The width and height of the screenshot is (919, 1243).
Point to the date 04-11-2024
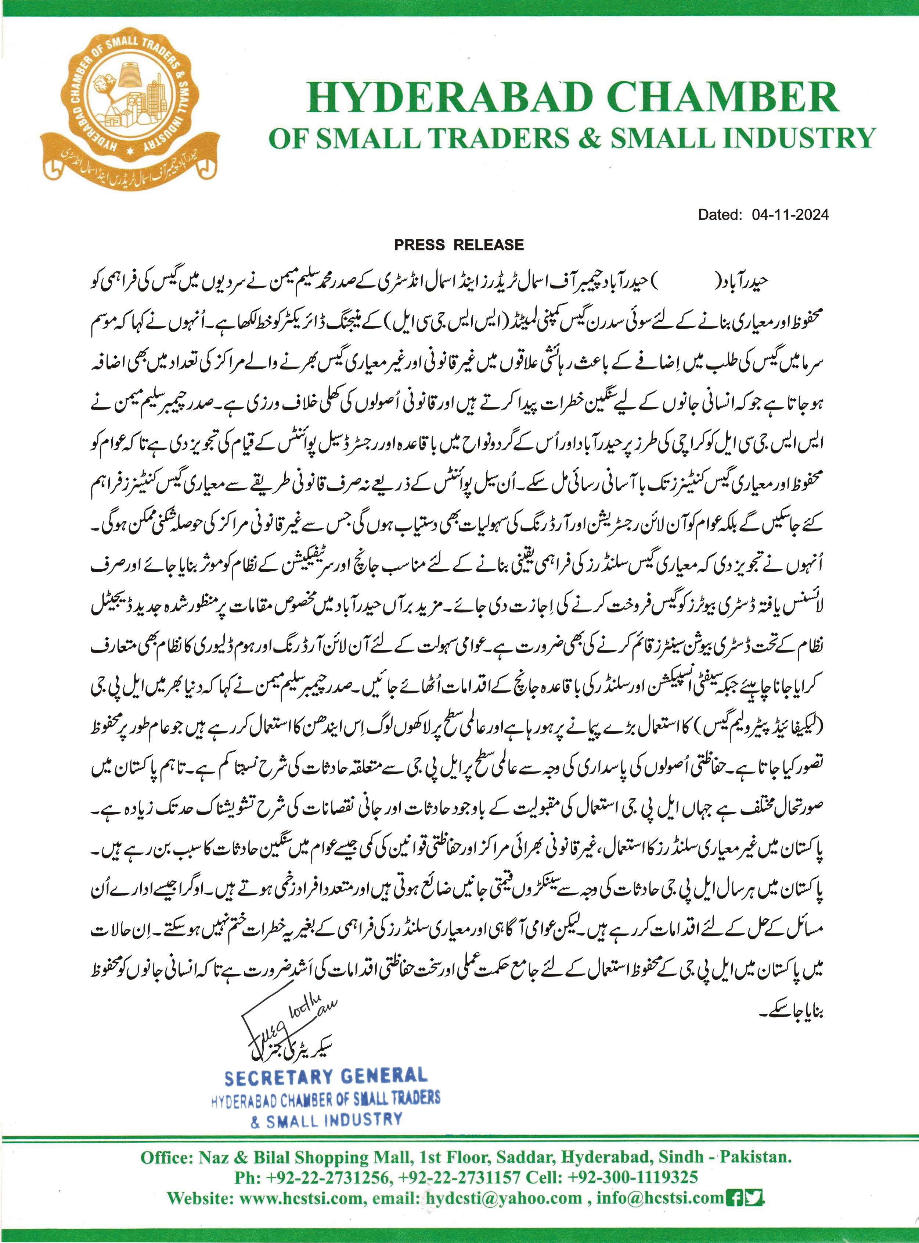tap(790, 215)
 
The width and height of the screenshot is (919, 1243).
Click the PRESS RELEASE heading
tap(459, 245)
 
